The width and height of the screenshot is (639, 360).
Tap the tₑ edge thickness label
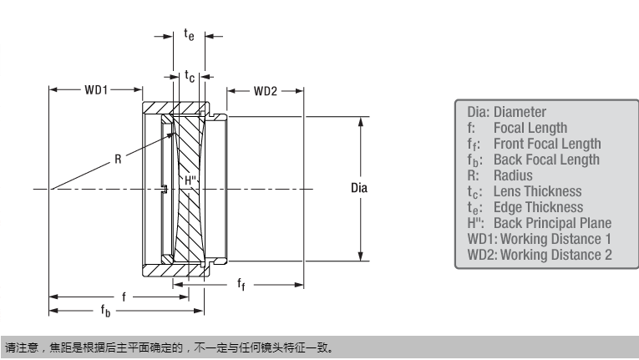190,34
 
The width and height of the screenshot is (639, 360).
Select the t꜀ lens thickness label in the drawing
190,76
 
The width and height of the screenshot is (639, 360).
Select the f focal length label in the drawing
124,296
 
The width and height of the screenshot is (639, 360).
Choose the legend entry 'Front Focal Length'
546,144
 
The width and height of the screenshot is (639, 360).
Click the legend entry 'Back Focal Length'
546,160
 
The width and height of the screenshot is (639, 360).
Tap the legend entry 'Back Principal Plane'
552,223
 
